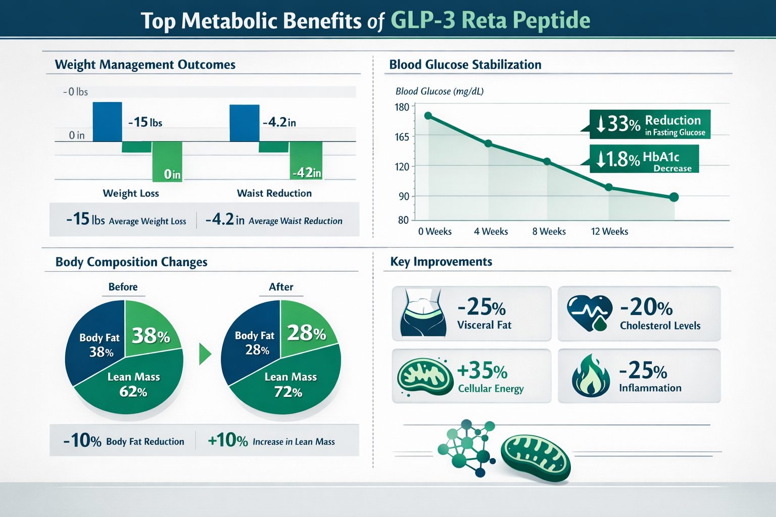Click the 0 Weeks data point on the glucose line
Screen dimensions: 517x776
tap(428, 116)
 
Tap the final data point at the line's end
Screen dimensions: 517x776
tap(673, 197)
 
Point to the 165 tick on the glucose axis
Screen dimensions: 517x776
tap(402, 137)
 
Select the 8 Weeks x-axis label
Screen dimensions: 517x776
tap(549, 231)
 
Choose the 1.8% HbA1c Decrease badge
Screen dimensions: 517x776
tap(644, 159)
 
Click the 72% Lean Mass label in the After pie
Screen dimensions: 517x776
tap(290, 385)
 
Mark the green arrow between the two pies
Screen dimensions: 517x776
tap(205, 354)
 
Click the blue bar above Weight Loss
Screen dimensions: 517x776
tap(107, 122)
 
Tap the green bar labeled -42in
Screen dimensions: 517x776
tap(306, 161)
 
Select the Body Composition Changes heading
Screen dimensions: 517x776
tap(131, 262)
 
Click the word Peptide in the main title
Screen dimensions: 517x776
tap(551, 21)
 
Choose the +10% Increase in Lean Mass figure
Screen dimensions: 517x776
tap(271, 441)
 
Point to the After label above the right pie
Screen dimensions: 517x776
tap(281, 287)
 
